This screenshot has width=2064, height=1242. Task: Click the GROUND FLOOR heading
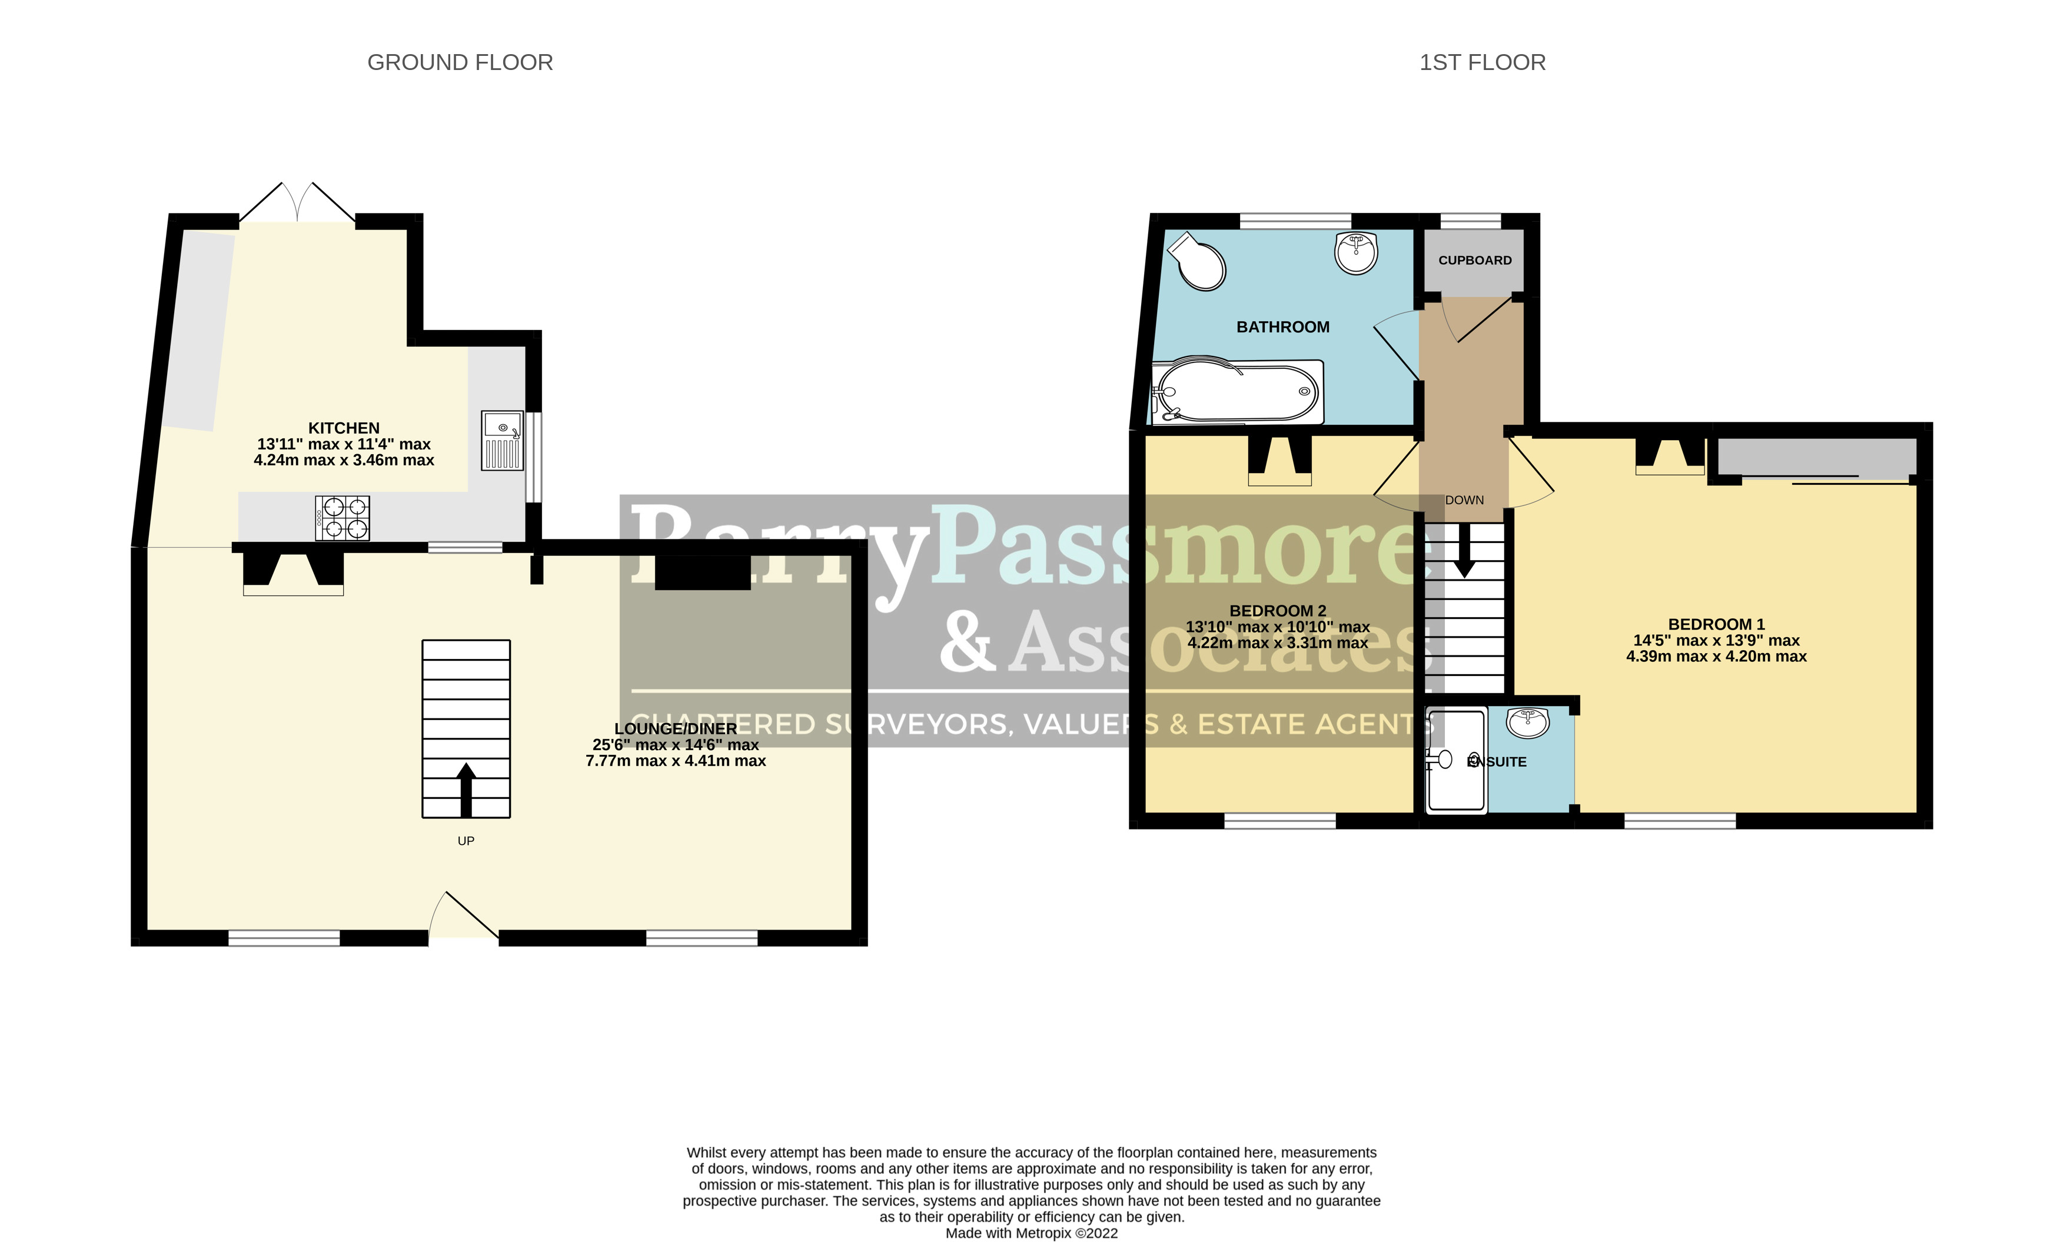(x=460, y=63)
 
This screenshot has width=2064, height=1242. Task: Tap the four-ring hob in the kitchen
(x=343, y=517)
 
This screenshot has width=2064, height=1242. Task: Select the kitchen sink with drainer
(x=502, y=439)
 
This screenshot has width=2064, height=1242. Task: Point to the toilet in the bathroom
(x=1199, y=262)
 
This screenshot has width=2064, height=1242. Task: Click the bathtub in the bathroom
(x=1237, y=392)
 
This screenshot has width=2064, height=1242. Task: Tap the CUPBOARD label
(x=1475, y=260)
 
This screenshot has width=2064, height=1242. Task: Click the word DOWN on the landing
(x=1464, y=500)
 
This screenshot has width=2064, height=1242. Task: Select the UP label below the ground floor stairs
(x=466, y=840)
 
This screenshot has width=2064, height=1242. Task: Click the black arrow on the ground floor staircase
(x=466, y=788)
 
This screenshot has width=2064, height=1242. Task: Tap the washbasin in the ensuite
(x=1527, y=723)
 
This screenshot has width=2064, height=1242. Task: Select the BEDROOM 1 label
(x=1716, y=624)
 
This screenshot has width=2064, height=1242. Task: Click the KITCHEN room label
(x=343, y=428)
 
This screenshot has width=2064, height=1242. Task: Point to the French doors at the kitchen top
(x=297, y=204)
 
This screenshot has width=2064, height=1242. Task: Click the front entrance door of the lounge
(x=463, y=918)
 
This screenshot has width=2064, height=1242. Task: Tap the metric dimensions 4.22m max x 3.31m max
(x=1277, y=642)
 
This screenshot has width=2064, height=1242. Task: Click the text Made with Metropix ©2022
(x=1031, y=1233)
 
